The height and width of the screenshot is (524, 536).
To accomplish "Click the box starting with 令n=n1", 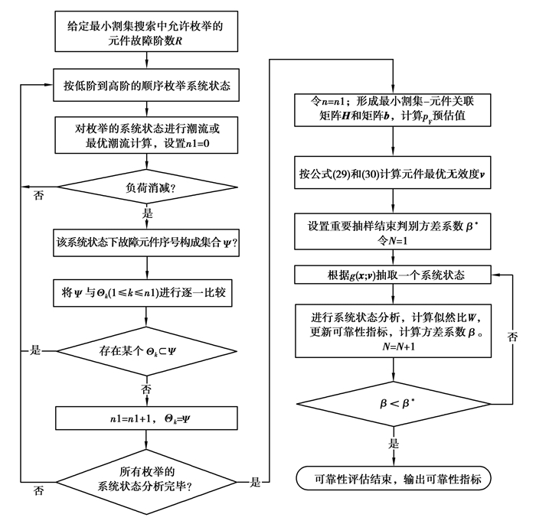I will point(393,109).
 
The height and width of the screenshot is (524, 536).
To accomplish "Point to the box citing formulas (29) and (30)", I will point(393,174).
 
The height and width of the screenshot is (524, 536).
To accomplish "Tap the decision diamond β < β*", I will point(393,400).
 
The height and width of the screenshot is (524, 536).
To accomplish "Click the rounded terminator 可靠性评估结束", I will point(393,479).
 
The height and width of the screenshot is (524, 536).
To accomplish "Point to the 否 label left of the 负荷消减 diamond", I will point(37,196).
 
